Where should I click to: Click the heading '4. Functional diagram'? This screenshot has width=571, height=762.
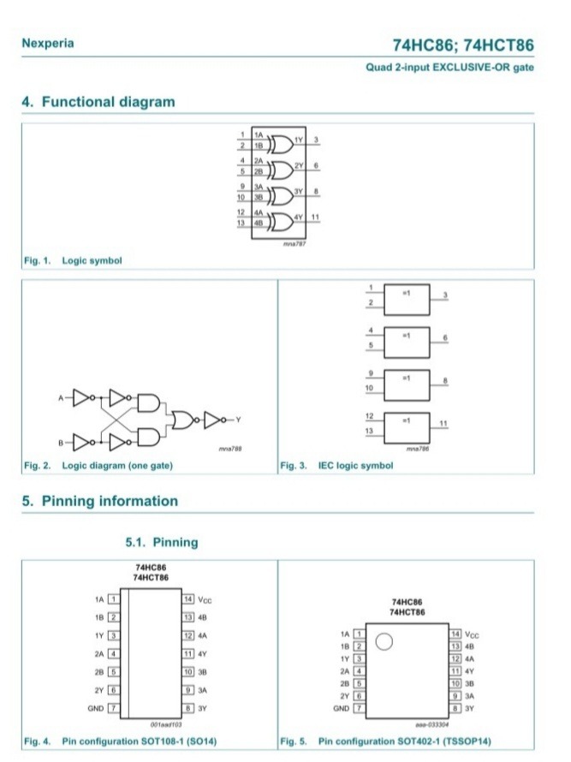coord(98,102)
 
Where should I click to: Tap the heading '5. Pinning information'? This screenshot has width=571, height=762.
coord(99,501)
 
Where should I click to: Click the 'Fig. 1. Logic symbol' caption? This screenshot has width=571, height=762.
coord(72,260)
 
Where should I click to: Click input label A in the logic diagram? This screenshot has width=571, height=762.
coord(61,397)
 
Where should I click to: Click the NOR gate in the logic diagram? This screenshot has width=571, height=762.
coord(183,419)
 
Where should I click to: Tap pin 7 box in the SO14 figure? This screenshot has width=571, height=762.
coord(112,709)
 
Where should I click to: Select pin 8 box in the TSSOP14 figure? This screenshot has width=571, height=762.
coord(456,709)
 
